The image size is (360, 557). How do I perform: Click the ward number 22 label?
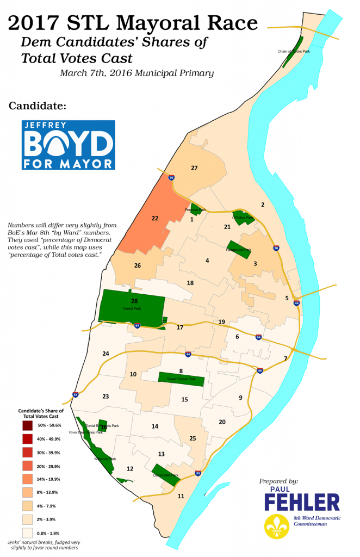pos(154,218)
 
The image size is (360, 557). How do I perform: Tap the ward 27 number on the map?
pos(194,168)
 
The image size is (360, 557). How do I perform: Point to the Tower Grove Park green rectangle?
pos(181,379)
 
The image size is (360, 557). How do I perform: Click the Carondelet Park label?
pos(166,475)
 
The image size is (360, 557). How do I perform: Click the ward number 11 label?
pos(181,496)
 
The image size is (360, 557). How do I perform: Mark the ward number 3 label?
pos(255,263)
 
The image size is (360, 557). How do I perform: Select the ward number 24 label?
pos(105,354)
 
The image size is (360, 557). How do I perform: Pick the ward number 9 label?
pos(240,398)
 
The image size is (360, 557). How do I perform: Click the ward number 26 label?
pos(138,265)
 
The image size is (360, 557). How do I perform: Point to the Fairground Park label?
pos(239,250)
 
